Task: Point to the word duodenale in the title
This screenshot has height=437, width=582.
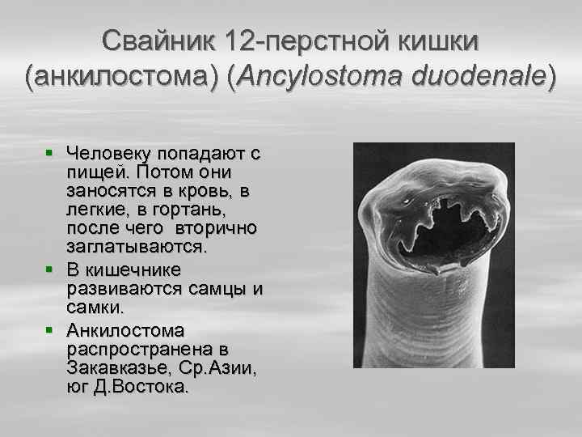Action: (x=472, y=78)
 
